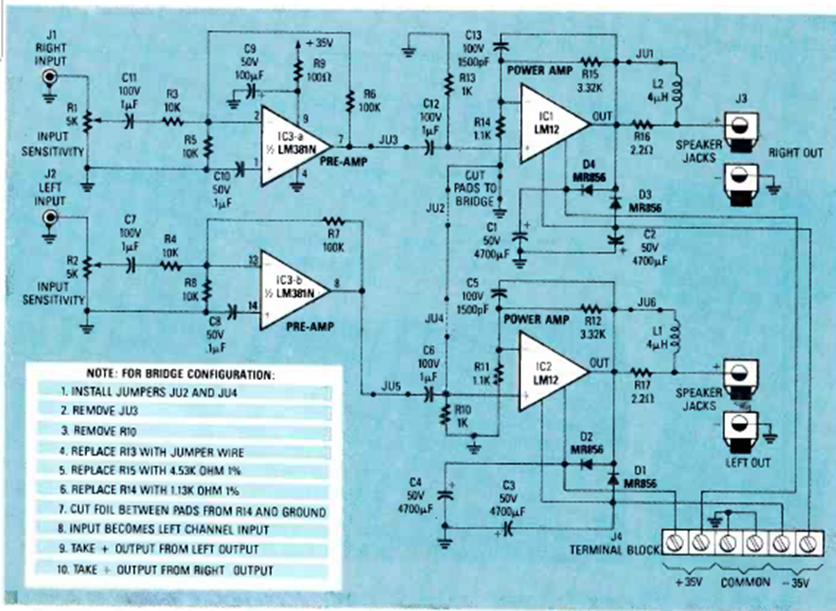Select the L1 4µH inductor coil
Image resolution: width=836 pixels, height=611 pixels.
pos(676,336)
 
